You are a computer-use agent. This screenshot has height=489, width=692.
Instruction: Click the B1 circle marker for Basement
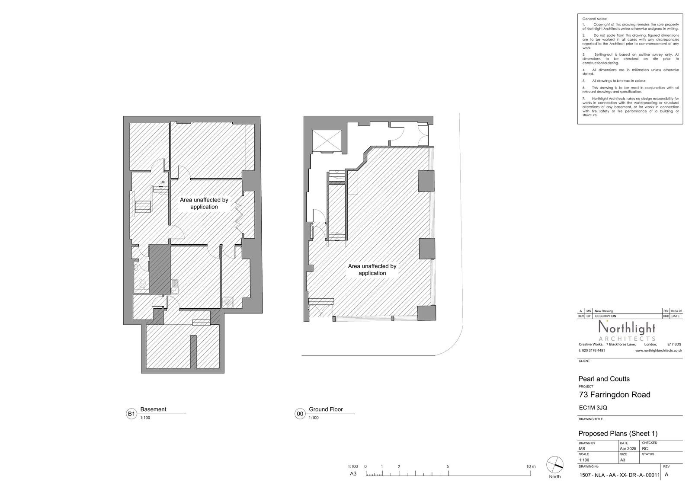point(131,414)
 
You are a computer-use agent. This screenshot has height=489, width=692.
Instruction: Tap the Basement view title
point(153,409)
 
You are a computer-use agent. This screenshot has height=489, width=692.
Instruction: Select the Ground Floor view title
point(326,409)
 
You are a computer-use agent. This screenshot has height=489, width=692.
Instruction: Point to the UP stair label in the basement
point(163,182)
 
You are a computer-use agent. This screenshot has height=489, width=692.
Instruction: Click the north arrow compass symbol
point(555,465)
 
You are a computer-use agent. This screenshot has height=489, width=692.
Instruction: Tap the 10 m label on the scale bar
point(531,467)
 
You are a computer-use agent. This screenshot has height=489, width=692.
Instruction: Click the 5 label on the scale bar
point(448,467)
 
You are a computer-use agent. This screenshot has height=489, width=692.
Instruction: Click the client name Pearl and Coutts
point(604,379)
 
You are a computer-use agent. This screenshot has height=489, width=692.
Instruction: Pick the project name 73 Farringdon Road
point(614,395)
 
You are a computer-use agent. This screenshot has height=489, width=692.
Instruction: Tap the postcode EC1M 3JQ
point(593,407)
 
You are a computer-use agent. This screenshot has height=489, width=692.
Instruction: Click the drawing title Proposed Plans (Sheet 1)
point(618,434)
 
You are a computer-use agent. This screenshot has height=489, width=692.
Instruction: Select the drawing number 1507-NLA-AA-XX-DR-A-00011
point(619,475)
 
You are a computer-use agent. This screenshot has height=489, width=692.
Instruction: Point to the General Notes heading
point(595,19)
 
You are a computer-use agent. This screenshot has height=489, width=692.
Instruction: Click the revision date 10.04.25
point(676,311)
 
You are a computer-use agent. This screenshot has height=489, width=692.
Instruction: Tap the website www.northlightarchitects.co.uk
point(658,351)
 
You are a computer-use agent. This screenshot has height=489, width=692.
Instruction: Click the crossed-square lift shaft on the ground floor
point(327,141)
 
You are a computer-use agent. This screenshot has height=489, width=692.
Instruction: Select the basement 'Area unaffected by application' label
point(204,204)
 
